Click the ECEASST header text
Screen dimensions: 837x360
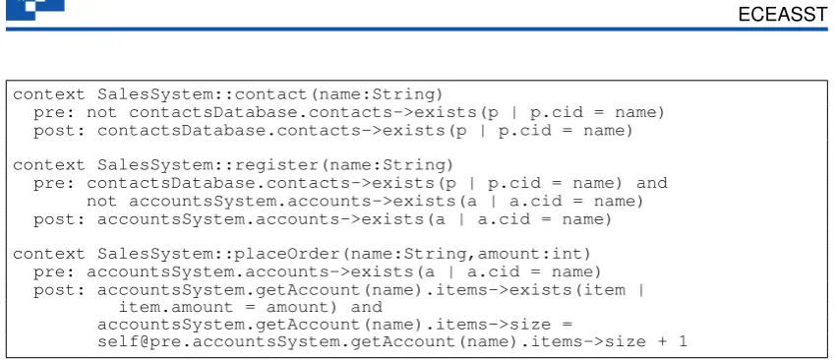coord(783,15)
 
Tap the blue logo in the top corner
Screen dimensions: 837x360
coord(35,9)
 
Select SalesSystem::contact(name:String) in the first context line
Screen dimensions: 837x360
coord(270,95)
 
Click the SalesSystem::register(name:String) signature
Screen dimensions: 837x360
coord(275,165)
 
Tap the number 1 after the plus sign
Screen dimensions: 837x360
coord(683,342)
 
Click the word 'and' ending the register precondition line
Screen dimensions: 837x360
coord(652,183)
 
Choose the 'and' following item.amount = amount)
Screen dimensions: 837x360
coord(366,308)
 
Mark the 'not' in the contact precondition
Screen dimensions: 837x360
coord(102,113)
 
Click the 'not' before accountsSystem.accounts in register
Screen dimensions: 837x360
coord(102,202)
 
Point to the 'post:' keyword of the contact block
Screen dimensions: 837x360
coord(59,131)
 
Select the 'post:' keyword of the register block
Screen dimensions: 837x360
coord(59,219)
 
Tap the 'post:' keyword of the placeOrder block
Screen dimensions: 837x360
coord(59,290)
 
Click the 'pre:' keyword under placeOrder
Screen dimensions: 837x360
coord(53,272)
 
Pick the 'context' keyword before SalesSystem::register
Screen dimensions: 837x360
coord(48,165)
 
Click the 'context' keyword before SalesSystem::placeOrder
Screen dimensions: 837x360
coord(48,254)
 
